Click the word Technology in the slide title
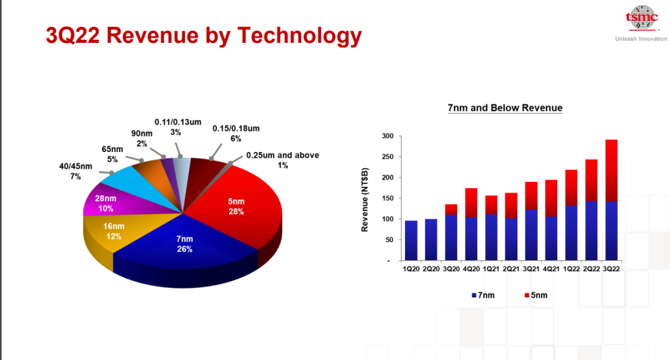pyautogui.click(x=300, y=36)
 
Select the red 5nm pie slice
pyautogui.click(x=239, y=205)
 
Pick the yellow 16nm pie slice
pyautogui.click(x=112, y=233)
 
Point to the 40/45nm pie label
pyautogui.click(x=76, y=171)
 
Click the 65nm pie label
pyautogui.click(x=112, y=155)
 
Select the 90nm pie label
pyautogui.click(x=142, y=138)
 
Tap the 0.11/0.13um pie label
pyautogui.click(x=178, y=127)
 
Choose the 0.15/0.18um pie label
pyautogui.click(x=236, y=133)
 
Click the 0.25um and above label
pyautogui.click(x=282, y=160)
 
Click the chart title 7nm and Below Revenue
pyautogui.click(x=505, y=108)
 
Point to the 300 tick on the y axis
pyautogui.click(x=388, y=136)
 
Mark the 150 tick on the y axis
pyautogui.click(x=388, y=199)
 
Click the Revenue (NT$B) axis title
pyautogui.click(x=365, y=200)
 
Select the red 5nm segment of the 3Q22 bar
pyautogui.click(x=612, y=171)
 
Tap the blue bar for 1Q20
pyautogui.click(x=411, y=241)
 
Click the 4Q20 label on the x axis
pyautogui.click(x=471, y=269)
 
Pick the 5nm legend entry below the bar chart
pyautogui.click(x=536, y=295)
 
